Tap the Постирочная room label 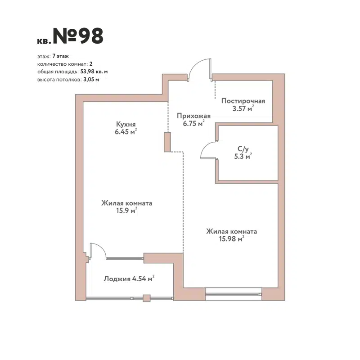click(243, 101)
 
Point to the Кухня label click(126, 125)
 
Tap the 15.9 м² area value click(126, 211)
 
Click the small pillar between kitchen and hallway click(167, 142)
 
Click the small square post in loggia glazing click(146, 297)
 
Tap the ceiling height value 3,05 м click(91, 79)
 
